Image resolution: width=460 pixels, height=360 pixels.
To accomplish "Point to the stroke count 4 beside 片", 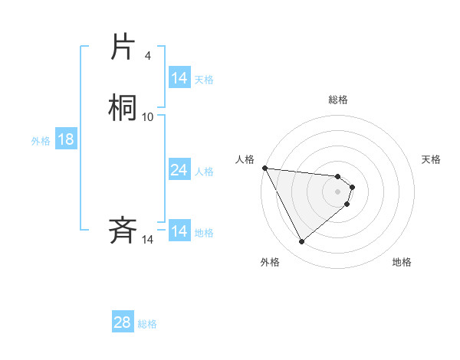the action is [x=147, y=55].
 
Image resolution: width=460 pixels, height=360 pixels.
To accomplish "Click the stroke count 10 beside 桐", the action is [x=148, y=116].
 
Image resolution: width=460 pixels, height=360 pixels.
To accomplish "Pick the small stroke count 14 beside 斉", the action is [x=148, y=239].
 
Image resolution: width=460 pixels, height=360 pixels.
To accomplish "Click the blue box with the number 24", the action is [x=179, y=170].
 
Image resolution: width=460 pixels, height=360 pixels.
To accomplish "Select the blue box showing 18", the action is [x=65, y=139].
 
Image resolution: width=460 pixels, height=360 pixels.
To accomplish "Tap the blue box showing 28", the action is [x=122, y=322].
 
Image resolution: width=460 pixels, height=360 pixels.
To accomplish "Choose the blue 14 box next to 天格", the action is [x=179, y=78].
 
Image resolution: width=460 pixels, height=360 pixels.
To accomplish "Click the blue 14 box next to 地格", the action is [x=179, y=231].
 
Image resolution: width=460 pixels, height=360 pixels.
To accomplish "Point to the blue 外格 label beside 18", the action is [x=40, y=140].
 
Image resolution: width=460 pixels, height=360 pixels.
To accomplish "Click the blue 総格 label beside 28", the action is [x=147, y=323].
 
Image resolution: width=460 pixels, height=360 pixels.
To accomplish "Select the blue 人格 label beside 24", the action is [x=204, y=171].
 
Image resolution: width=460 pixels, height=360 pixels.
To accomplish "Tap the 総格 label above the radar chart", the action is [x=338, y=100].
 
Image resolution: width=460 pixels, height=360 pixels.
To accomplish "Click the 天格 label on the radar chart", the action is [x=431, y=159].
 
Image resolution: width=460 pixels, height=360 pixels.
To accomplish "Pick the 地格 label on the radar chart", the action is [x=402, y=262].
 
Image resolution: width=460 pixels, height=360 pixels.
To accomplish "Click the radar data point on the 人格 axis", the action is [x=264, y=168].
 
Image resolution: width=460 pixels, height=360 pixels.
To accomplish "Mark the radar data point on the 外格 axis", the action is [x=301, y=242].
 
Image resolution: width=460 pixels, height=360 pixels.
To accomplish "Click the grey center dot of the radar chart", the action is [x=338, y=191].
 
